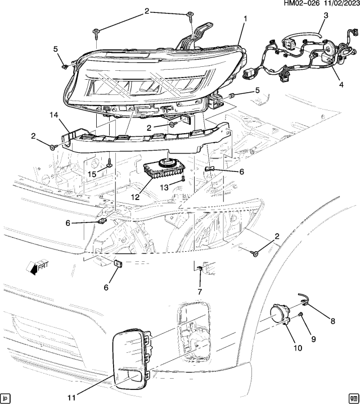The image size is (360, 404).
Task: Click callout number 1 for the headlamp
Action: coord(245,19)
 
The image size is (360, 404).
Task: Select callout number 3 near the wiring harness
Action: coord(325,16)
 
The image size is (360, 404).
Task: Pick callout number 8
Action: coord(332,321)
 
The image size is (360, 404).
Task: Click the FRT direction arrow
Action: coord(38,267)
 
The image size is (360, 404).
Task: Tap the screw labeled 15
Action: coord(108,164)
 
